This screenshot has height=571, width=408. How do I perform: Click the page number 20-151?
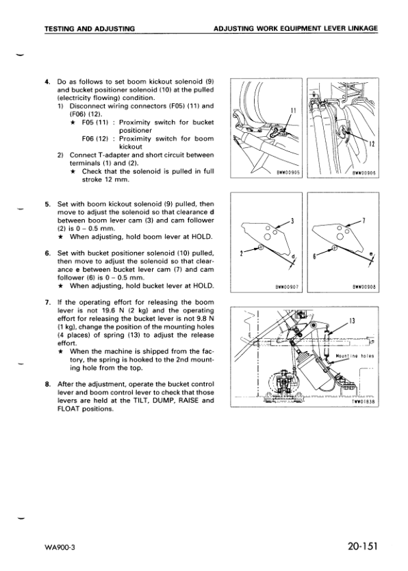pos(363,546)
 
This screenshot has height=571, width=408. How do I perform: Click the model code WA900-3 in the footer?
pos(60,548)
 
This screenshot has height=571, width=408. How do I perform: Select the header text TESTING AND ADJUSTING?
pos(90,28)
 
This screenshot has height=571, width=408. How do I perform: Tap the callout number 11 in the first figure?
pos(294,110)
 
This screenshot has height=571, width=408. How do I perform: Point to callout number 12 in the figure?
pos(372,144)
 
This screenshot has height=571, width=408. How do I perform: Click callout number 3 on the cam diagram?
pos(292,221)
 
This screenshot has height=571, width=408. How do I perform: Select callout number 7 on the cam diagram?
pos(364,220)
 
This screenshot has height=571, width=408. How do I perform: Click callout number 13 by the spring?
pos(352,321)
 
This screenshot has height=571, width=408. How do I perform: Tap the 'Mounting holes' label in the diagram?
pos(355,356)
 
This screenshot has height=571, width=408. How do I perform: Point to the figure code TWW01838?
pos(364,402)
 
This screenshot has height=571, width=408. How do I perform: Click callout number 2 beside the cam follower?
pos(241,254)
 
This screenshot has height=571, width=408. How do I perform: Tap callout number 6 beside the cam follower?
pos(315,255)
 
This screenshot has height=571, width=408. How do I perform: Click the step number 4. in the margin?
pos(47,81)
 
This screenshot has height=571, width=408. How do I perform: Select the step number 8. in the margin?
pos(47,384)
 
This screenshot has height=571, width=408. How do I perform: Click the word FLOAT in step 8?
pos(68,409)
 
